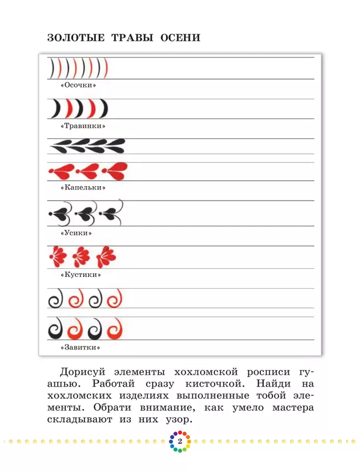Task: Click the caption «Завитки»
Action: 81,348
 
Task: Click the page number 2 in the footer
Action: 179,441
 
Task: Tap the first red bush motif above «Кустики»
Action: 58,256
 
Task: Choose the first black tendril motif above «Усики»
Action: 59,213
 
